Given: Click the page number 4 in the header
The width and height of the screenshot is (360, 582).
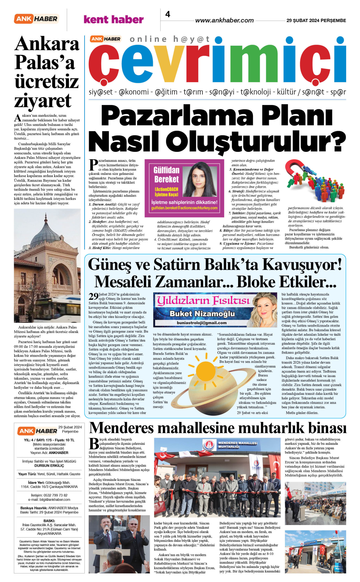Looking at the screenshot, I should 168,14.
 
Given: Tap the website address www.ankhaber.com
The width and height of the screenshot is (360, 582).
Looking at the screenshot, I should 224,21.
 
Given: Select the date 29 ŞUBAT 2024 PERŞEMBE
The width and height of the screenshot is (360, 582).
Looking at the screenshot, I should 316,21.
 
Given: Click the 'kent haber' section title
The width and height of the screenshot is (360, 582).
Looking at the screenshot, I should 114,20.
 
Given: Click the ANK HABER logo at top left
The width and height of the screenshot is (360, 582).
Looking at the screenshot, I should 36,19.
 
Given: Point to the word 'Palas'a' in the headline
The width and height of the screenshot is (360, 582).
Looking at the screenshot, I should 45,62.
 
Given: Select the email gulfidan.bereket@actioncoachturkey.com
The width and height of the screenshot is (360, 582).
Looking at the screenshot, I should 184,208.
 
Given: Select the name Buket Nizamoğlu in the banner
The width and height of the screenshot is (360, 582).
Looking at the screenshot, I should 202,314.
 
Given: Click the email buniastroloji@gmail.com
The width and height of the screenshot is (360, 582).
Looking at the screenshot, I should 202,323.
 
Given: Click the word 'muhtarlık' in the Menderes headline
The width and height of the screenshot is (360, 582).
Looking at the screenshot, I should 261,428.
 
